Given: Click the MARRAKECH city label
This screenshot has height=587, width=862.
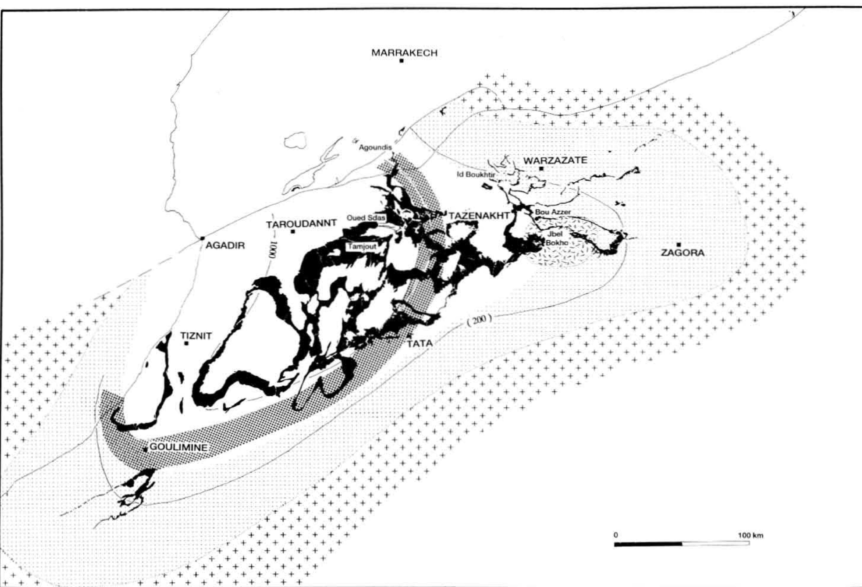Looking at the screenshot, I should click(x=404, y=53).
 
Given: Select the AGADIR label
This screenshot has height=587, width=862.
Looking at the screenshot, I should click(x=225, y=245).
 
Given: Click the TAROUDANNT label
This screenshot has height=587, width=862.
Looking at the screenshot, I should click(x=301, y=224).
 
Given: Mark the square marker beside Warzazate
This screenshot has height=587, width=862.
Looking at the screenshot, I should click(x=541, y=168).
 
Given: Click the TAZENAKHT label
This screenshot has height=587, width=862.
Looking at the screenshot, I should click(x=479, y=216).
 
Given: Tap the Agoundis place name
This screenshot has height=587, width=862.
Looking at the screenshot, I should click(x=375, y=147).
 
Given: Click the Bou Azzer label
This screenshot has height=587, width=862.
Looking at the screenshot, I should click(x=553, y=212).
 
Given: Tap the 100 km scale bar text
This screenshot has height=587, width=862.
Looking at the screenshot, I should click(x=750, y=535).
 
